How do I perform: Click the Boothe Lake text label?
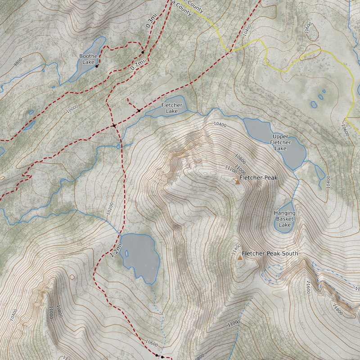click(88, 59)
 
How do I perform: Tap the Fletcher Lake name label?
click(171, 108)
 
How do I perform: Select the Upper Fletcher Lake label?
click(281, 142)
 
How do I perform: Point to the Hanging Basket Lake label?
click(285, 219)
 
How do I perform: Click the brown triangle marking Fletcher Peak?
click(237, 181)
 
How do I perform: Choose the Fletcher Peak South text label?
click(270, 254)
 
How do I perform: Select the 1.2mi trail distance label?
click(116, 250)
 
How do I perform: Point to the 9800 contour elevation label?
click(18, 62)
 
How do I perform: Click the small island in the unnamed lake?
click(127, 253)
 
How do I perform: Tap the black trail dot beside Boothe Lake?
click(97, 66)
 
